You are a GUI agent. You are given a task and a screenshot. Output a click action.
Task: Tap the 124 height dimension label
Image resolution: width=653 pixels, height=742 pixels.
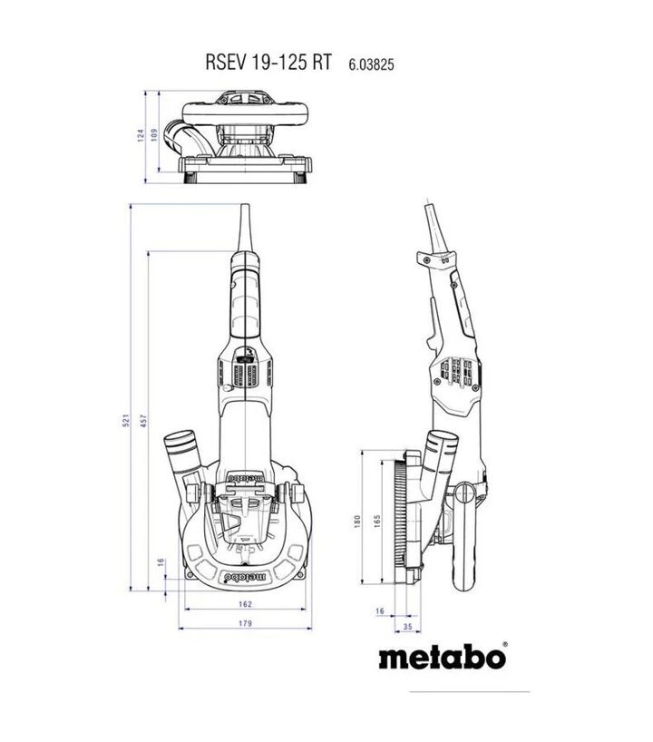(x=141, y=136)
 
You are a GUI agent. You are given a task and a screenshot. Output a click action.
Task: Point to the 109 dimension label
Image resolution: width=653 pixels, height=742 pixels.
(x=154, y=139)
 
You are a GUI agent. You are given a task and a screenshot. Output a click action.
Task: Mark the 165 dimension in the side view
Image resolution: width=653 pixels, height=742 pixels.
(x=374, y=521)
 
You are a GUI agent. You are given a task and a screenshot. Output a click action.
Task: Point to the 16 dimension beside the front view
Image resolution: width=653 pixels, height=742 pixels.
(x=161, y=562)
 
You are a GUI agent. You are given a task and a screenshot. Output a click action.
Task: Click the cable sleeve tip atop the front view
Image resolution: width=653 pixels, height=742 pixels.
(x=245, y=222)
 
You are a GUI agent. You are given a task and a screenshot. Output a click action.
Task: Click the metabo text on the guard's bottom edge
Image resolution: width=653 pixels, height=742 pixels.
(x=246, y=575)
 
